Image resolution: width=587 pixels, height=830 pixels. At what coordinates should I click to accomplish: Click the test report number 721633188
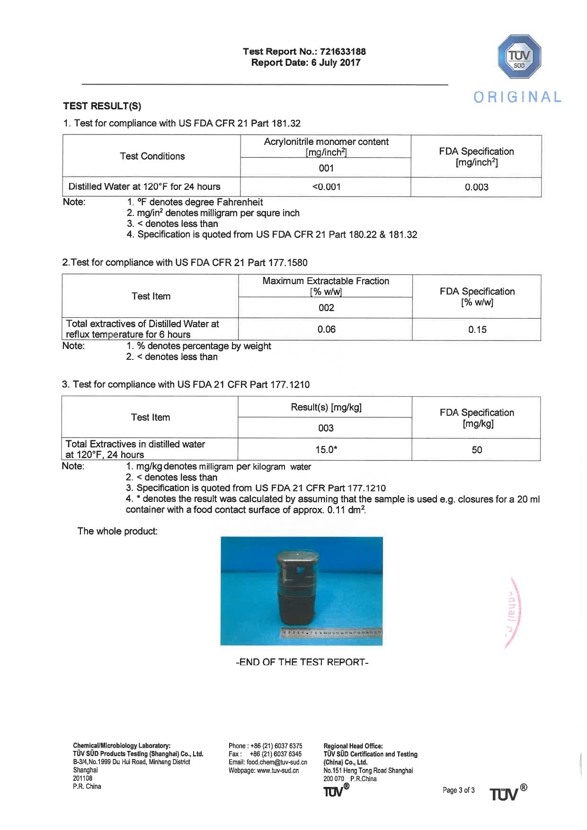[x=343, y=52]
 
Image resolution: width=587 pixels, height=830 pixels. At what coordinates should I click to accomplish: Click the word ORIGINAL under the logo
[x=517, y=97]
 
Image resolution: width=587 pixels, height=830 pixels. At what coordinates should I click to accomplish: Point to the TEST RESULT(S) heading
[x=102, y=106]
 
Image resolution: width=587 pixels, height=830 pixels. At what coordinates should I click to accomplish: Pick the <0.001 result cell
[x=326, y=187]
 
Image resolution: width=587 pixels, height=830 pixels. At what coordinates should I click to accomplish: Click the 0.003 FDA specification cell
[x=476, y=187]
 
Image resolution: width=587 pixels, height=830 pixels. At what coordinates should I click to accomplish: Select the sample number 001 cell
[x=326, y=168]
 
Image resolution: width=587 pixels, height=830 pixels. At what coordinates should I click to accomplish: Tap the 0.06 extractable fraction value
[x=326, y=330]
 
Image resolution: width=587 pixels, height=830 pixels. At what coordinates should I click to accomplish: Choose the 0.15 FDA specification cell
[x=477, y=330]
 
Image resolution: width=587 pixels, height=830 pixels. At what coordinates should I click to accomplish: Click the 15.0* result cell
[x=326, y=450]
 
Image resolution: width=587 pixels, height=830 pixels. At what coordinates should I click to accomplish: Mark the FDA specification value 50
[x=477, y=450]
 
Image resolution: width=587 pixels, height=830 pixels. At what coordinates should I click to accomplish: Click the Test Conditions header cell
[x=152, y=156]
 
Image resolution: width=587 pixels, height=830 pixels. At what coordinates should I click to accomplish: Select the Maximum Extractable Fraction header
[x=326, y=281]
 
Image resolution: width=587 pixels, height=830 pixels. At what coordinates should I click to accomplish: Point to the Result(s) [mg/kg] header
[x=326, y=408]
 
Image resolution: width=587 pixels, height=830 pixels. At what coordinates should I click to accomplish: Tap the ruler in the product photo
[x=331, y=633]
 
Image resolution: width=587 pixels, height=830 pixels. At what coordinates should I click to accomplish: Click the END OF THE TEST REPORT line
[x=302, y=662]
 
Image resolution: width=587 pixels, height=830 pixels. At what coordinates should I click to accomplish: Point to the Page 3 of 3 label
[x=458, y=790]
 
